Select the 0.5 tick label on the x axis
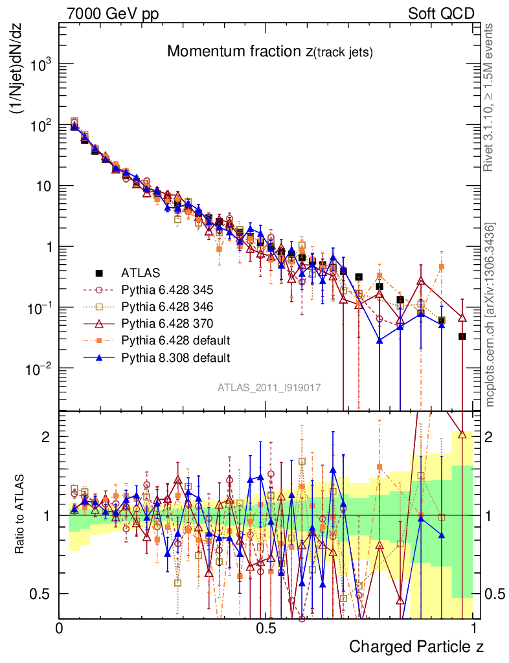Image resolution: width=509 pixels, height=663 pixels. click(x=266, y=628)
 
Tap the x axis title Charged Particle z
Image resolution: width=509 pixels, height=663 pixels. click(x=416, y=646)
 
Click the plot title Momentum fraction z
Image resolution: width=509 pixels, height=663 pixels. click(x=269, y=52)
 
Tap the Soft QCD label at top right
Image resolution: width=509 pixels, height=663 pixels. click(x=441, y=14)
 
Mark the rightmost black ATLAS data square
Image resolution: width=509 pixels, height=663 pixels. click(x=462, y=336)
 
